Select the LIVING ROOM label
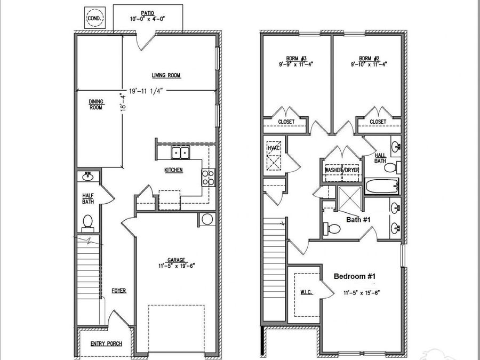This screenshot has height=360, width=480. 166,76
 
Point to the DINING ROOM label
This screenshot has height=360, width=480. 96,104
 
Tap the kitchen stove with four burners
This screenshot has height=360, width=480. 207,177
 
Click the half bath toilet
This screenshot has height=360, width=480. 87,220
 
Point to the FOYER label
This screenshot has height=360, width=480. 118,291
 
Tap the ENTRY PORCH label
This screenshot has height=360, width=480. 106,344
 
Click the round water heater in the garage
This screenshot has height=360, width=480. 206,219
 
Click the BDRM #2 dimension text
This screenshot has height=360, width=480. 369,64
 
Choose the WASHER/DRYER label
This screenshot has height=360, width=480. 342,170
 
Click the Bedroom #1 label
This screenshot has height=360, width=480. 355,276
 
